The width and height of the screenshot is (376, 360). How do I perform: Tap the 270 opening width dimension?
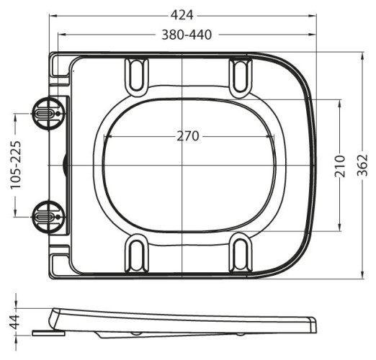click(x=187, y=136)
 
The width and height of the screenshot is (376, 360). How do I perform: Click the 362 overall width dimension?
click(x=364, y=165)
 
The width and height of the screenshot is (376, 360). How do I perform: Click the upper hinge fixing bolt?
click(x=46, y=113)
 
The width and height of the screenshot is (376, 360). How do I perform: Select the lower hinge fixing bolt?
click(x=46, y=214)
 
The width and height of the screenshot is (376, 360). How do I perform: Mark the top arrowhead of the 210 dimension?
click(x=339, y=102)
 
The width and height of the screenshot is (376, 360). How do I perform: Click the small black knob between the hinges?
click(x=67, y=165)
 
